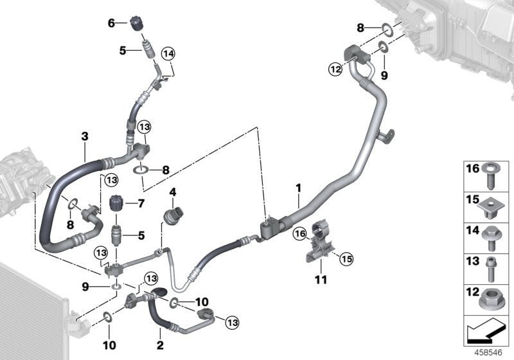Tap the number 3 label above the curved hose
coord(84,136)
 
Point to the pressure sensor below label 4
coord(173,213)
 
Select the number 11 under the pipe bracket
coord(319,280)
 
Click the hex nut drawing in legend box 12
coord(491,298)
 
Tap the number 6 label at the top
coord(111,22)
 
